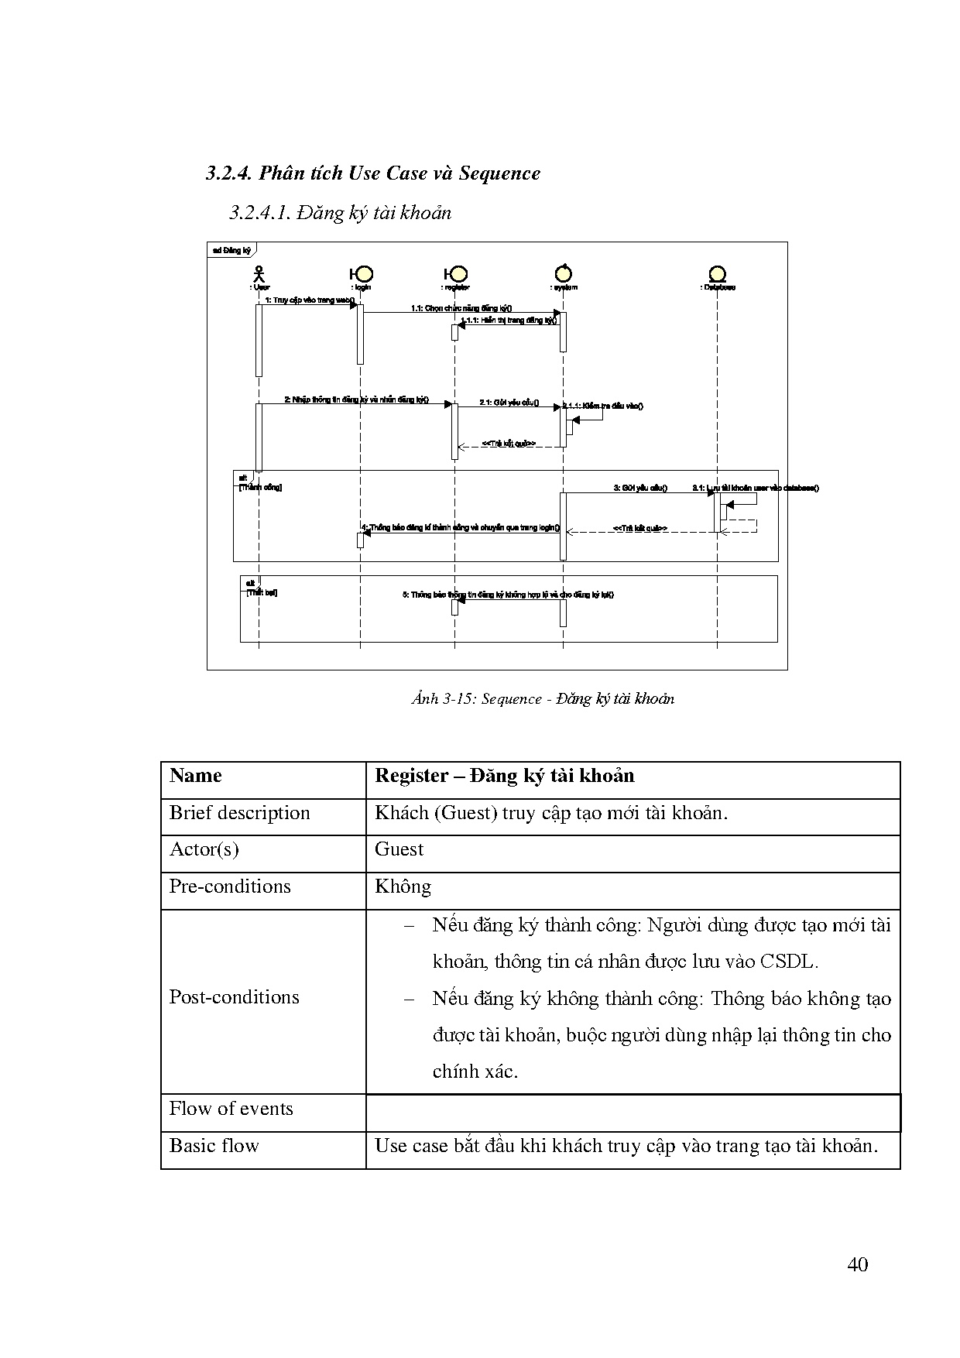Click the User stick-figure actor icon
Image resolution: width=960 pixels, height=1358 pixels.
pos(259,274)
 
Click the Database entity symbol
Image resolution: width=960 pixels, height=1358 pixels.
pos(718,274)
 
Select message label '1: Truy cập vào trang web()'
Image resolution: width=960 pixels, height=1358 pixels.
pos(310,300)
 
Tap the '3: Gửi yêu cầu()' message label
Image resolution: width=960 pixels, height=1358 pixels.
pos(640,488)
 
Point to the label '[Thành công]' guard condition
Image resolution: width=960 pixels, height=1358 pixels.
pos(260,488)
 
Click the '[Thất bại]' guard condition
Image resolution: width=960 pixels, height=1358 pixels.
pos(262,592)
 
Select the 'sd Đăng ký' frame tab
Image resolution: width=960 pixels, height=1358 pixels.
pos(231,250)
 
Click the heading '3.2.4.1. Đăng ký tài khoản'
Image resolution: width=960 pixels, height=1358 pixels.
pos(340,213)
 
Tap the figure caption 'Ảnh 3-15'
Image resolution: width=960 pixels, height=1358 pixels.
pos(542,699)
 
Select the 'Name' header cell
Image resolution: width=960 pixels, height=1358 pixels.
pos(196,777)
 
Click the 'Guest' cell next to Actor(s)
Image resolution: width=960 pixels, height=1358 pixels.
pos(399,850)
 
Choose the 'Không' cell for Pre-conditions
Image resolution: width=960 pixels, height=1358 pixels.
pos(403,887)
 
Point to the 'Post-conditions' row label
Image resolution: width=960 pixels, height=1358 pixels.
pos(234,997)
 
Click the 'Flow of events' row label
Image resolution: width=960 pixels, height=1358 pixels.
pos(231,1109)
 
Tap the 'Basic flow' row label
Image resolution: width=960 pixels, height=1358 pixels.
pos(214,1146)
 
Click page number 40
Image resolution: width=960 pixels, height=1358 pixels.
pos(857,1265)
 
